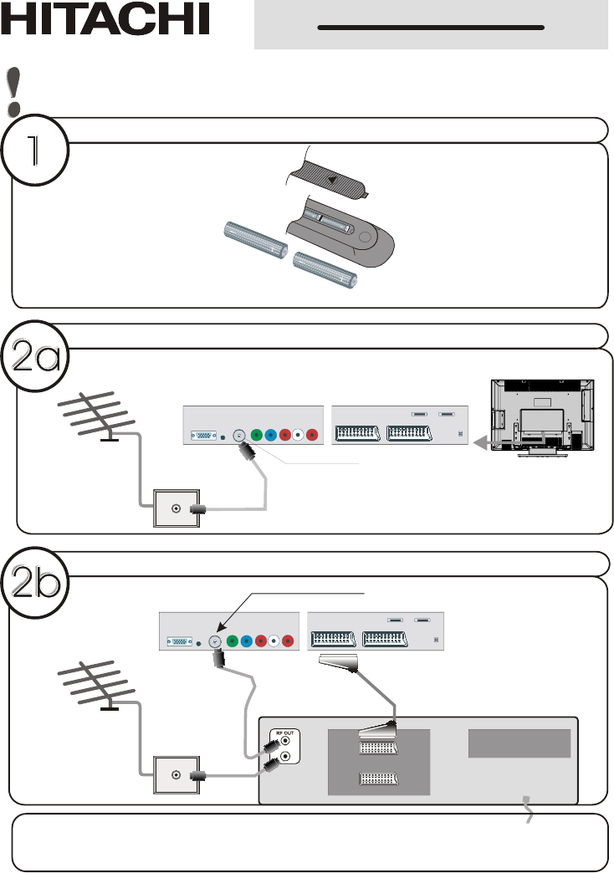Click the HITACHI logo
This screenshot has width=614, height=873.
click(105, 18)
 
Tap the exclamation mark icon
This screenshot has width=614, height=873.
click(14, 91)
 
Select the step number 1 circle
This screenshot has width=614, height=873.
click(34, 150)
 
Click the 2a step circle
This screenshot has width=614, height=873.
click(35, 355)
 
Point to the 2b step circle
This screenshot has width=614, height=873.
click(35, 582)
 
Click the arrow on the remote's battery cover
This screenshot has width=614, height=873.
click(332, 180)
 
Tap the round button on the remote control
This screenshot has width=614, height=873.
click(365, 237)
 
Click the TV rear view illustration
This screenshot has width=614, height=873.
click(542, 417)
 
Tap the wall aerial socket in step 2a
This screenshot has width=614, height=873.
click(176, 508)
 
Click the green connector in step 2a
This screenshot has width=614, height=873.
click(256, 435)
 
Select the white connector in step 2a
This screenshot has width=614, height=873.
click(298, 435)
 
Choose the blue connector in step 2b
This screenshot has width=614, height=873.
click(246, 641)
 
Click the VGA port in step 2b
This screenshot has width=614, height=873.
click(179, 642)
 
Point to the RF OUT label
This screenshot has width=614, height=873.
click(284, 733)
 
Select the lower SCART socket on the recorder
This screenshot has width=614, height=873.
click(378, 779)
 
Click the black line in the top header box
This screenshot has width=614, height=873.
click(431, 28)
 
